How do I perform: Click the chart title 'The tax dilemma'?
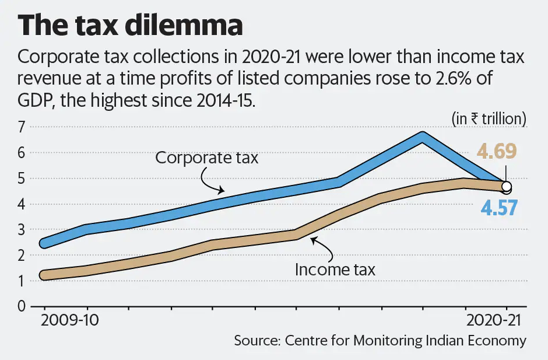130,27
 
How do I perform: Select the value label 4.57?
499,208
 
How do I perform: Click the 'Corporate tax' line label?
206,158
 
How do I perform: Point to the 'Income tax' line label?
335,270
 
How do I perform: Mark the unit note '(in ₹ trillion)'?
489,118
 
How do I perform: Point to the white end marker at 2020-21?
506,187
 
